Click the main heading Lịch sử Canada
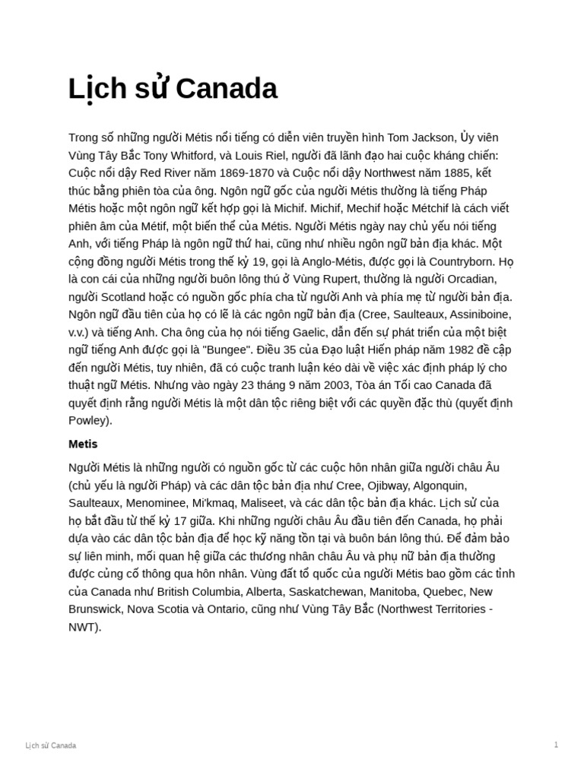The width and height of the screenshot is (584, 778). (173, 90)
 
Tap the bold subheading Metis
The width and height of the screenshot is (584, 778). (83, 444)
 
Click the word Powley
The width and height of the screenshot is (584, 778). (90, 420)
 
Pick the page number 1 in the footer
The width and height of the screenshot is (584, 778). (556, 745)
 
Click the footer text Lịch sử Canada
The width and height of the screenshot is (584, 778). (51, 745)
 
